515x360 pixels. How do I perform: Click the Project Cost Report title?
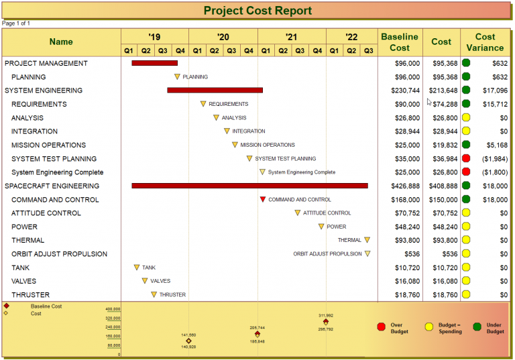257,11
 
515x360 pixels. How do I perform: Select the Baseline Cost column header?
400,42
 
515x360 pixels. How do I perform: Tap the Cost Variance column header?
485,42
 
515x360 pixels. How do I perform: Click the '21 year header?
291,37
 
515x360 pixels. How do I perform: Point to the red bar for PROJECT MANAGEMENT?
154,63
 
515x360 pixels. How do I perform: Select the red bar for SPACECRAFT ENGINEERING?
249,186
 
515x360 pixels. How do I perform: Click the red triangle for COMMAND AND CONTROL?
263,199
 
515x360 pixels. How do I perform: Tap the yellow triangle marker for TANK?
137,267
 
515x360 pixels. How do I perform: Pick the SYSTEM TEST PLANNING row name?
54,159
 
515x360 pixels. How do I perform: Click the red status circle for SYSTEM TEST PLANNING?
466,158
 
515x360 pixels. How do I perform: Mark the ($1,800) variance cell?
495,172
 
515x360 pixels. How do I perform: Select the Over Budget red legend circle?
382,327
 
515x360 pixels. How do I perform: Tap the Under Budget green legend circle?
477,327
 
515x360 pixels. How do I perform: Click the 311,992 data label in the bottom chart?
326,315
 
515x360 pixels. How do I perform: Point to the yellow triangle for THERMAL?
367,240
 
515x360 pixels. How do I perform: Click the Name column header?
61,42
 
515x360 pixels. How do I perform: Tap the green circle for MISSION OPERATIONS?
466,145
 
